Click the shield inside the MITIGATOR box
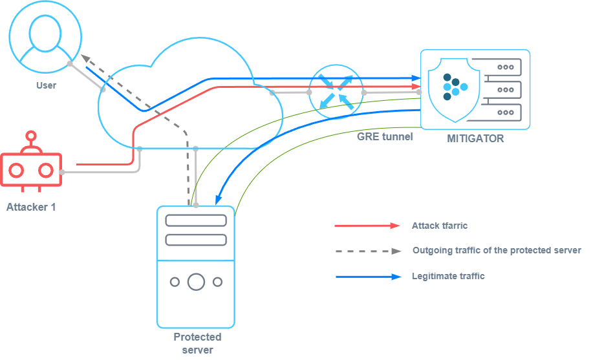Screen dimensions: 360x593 pyautogui.click(x=455, y=88)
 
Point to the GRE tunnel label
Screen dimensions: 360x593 pyautogui.click(x=385, y=137)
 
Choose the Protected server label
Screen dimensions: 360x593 pyautogui.click(x=197, y=343)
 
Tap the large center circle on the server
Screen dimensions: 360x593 pyautogui.click(x=196, y=282)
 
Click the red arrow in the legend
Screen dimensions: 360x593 pyautogui.click(x=367, y=226)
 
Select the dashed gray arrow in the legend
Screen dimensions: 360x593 pyautogui.click(x=367, y=251)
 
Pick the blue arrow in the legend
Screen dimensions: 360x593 pyautogui.click(x=367, y=277)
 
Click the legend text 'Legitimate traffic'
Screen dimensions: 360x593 pyautogui.click(x=448, y=276)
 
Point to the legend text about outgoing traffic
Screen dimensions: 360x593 pyautogui.click(x=496, y=250)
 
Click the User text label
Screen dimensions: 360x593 pyautogui.click(x=46, y=85)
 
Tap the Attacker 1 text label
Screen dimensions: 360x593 pyautogui.click(x=30, y=207)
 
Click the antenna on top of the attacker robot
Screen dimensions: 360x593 pyautogui.click(x=30, y=138)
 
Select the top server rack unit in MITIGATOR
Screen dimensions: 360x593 pyautogui.click(x=497, y=67)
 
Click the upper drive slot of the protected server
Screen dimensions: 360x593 pyautogui.click(x=196, y=220)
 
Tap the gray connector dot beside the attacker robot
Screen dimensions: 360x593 pyautogui.click(x=63, y=173)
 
